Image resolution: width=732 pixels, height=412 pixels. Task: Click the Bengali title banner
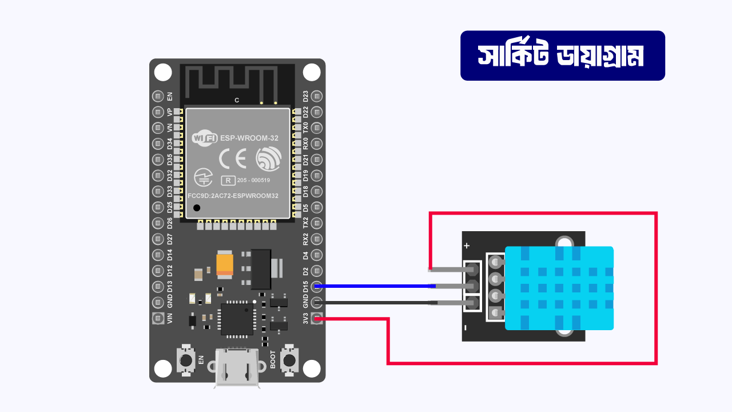[562, 56]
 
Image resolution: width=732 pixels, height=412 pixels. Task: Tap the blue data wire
[372, 286]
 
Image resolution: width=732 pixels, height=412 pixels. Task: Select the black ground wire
[372, 302]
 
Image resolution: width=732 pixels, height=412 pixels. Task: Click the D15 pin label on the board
[305, 286]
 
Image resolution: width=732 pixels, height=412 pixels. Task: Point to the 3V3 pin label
[305, 318]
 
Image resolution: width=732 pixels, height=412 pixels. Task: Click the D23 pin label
[305, 96]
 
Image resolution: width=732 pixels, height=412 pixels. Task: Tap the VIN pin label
[169, 318]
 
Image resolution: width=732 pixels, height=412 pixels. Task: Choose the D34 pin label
[169, 144]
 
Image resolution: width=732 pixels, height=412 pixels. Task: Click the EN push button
[185, 360]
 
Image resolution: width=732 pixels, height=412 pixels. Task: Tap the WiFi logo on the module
[204, 138]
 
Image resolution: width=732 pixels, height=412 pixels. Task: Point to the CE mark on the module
[233, 159]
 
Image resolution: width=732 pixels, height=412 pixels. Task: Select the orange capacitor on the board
[224, 263]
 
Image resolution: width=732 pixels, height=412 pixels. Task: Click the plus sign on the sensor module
[467, 245]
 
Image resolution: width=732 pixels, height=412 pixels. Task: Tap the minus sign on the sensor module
[466, 328]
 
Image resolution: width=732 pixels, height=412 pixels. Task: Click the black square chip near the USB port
[237, 319]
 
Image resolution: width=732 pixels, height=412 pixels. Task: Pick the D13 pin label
[169, 286]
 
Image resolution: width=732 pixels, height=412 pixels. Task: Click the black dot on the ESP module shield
[197, 208]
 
